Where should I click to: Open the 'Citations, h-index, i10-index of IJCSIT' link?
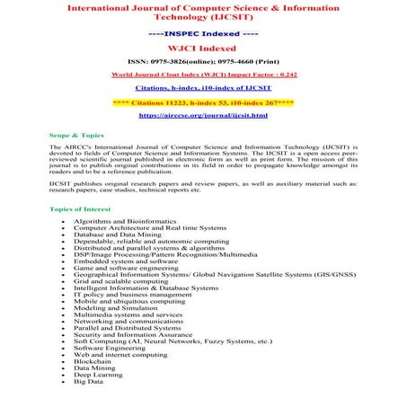[203, 90]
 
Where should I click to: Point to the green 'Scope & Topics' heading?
[75, 134]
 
